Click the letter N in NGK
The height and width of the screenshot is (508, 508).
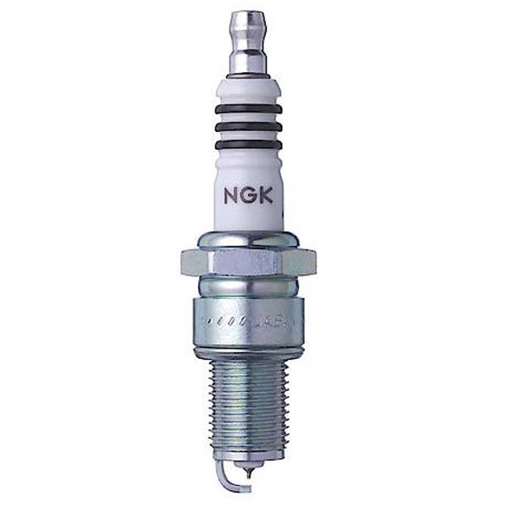[x=230, y=196]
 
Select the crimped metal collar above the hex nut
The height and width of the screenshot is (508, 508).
[x=247, y=239]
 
